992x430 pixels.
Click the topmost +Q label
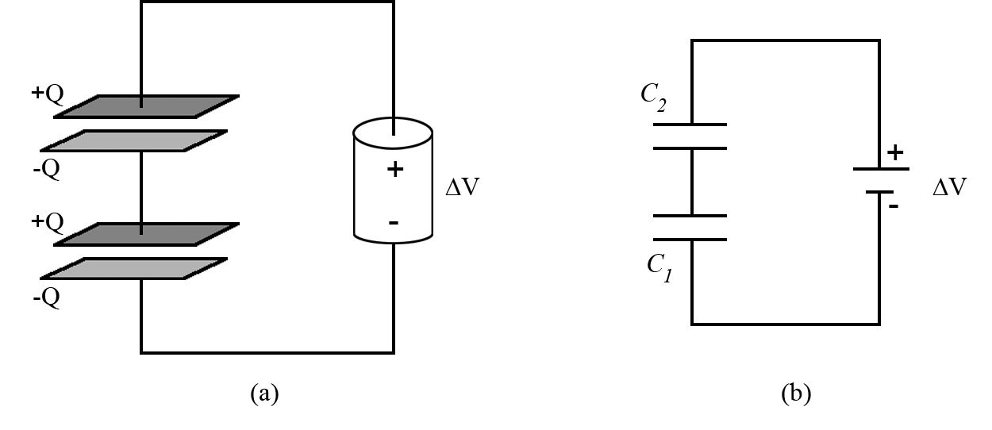coord(47,94)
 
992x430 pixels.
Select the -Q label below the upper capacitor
coord(46,171)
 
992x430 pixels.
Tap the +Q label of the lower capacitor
coord(47,221)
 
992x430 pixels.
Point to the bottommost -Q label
coord(46,300)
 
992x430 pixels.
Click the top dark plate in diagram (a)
coord(146,106)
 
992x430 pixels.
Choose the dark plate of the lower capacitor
coord(146,235)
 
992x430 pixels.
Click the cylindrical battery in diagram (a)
coord(394,180)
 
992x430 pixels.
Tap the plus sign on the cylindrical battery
coord(394,170)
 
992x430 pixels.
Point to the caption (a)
coord(264,393)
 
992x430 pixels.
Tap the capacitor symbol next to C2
coord(692,136)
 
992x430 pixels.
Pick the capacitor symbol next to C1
coord(692,228)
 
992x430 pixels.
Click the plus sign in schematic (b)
coord(895,153)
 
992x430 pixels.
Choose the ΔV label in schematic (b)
coord(950,189)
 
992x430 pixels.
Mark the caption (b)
coord(795,393)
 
